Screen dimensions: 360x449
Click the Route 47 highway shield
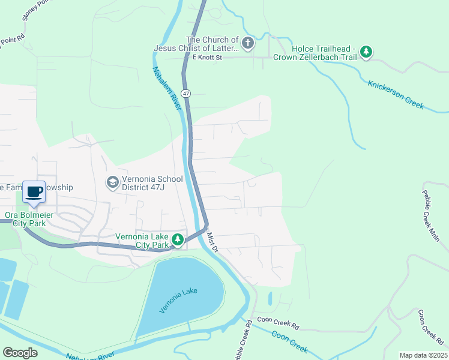(x=187, y=94)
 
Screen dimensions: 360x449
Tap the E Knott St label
(x=207, y=58)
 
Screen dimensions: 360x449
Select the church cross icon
(x=247, y=43)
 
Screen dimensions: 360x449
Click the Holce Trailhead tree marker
(x=366, y=52)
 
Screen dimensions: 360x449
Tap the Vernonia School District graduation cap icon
(x=112, y=181)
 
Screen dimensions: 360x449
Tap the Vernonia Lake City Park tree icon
(x=178, y=240)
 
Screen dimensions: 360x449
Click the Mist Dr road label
(x=214, y=244)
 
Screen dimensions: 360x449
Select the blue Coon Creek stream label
(x=290, y=342)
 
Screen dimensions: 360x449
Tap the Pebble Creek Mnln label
(x=431, y=216)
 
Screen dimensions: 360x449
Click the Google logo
(x=20, y=352)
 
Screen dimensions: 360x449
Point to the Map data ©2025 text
(x=423, y=355)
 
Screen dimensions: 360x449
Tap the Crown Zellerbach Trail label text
(x=315, y=57)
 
